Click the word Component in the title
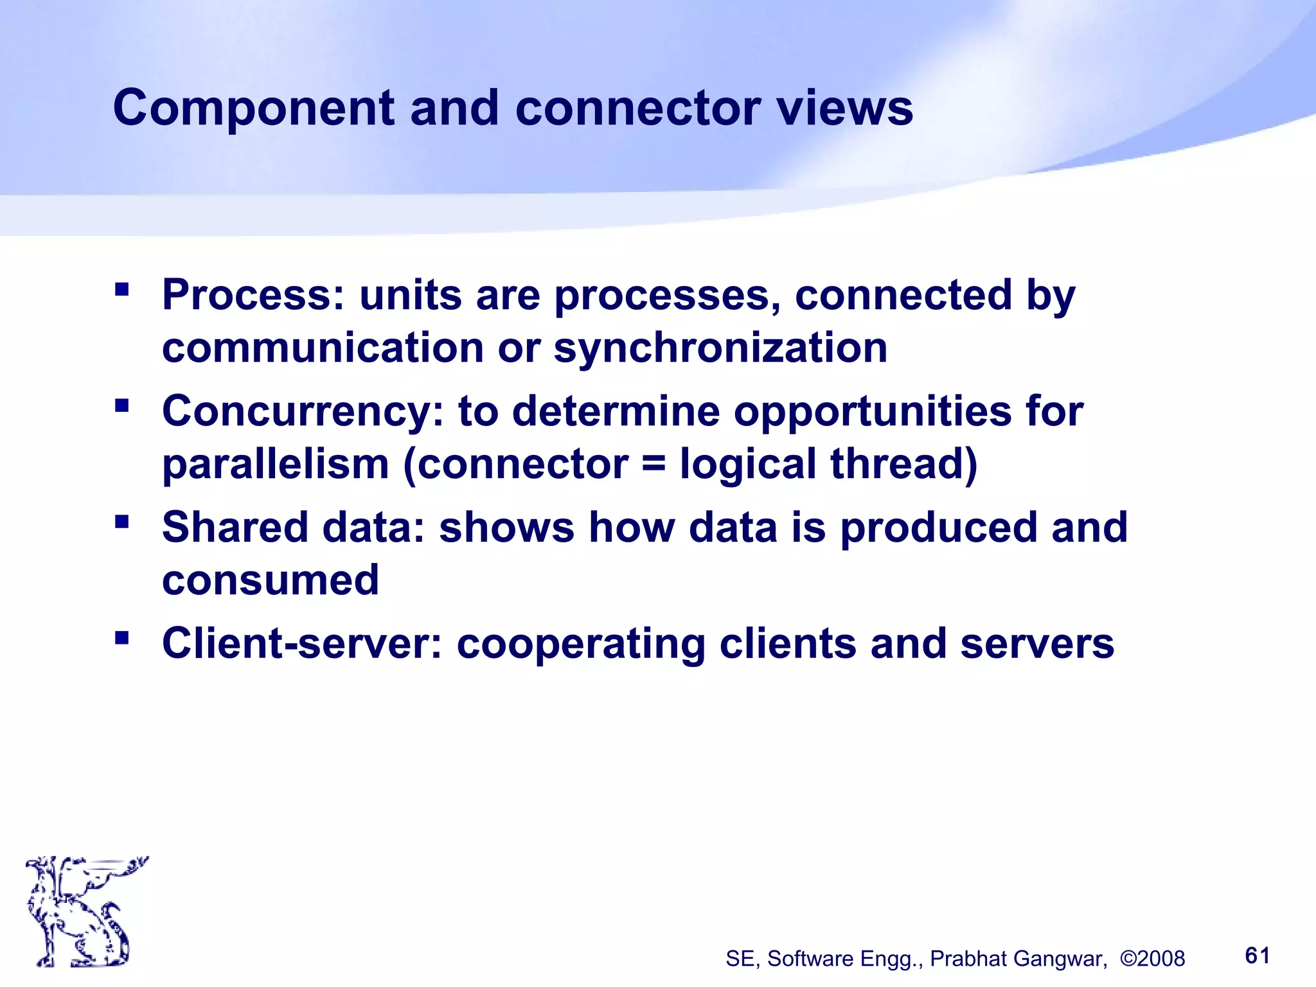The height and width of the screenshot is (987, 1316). pyautogui.click(x=253, y=108)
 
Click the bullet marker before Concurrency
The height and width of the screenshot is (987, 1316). pyautogui.click(x=121, y=405)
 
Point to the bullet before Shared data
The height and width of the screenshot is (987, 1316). pyautogui.click(x=121, y=521)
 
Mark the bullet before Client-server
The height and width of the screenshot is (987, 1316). pyautogui.click(x=121, y=637)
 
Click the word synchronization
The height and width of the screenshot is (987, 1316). pyautogui.click(x=720, y=348)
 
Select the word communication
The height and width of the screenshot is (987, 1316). pyautogui.click(x=323, y=348)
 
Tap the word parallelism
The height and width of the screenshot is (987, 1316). pyautogui.click(x=276, y=464)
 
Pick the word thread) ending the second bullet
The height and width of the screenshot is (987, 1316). pyautogui.click(x=903, y=464)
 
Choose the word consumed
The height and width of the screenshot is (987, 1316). pyautogui.click(x=271, y=580)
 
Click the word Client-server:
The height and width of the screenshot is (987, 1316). pyautogui.click(x=302, y=644)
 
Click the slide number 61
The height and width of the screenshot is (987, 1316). pyautogui.click(x=1258, y=956)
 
